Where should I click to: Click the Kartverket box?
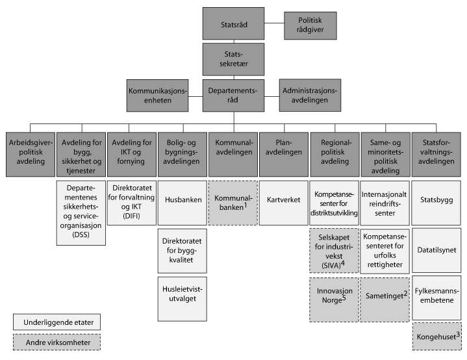[x=283, y=199]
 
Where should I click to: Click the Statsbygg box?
[x=436, y=199]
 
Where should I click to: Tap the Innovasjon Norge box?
[x=334, y=299]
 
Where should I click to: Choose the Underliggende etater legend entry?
[x=57, y=321]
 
